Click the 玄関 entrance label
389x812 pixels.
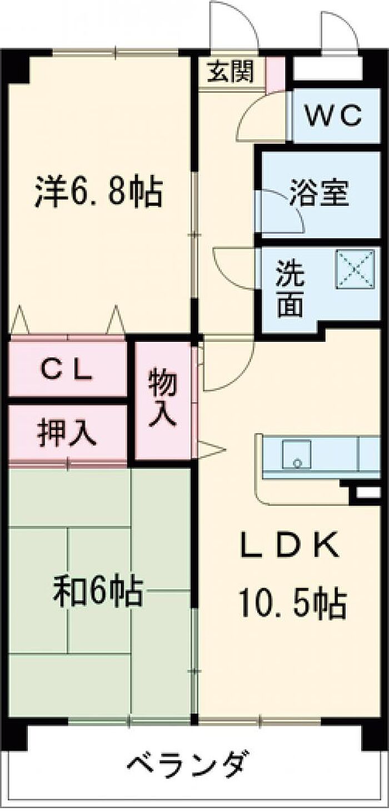pyautogui.click(x=230, y=71)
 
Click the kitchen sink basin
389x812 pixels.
pyautogui.click(x=297, y=455)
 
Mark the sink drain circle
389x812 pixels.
pyautogui.click(x=297, y=462)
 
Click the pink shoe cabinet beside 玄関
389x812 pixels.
pyautogui.click(x=276, y=74)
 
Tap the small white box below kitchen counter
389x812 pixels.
pyautogui.click(x=368, y=492)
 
